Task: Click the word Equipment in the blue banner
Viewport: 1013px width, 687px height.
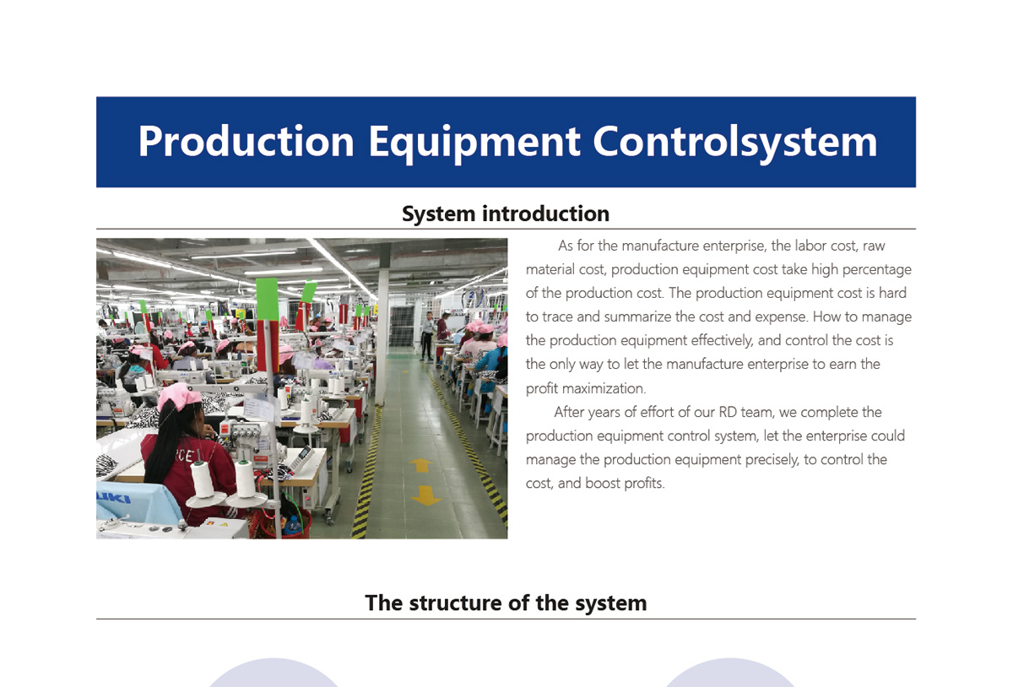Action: [x=474, y=143]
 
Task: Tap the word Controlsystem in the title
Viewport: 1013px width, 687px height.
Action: [x=735, y=142]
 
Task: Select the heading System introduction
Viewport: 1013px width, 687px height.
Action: [x=506, y=214]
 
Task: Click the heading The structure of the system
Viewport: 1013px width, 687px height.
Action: [x=506, y=603]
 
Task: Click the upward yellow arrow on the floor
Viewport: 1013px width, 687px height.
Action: [x=420, y=465]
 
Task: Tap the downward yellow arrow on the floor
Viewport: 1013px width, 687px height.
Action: [x=425, y=495]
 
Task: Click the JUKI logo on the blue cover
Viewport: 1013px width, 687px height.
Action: [x=113, y=498]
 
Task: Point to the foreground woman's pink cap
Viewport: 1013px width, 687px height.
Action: [x=178, y=397]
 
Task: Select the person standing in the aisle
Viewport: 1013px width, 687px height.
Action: [x=427, y=336]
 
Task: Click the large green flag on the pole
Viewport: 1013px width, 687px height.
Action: [x=267, y=300]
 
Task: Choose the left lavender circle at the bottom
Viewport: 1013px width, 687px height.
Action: [x=274, y=673]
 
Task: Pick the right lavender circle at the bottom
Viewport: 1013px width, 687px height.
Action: [x=729, y=673]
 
